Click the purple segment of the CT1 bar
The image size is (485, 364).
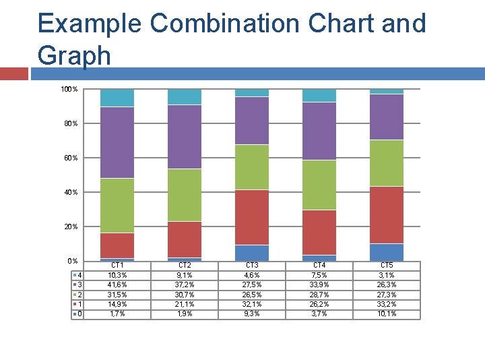117,142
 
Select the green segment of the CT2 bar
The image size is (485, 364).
185,195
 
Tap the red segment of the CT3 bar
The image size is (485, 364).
252,217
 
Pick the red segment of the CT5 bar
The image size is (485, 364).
387,214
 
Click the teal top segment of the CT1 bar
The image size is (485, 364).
117,98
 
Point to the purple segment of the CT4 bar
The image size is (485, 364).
319,131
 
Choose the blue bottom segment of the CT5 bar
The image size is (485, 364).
387,252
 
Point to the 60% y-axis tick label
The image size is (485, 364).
71,158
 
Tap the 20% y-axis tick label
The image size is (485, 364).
71,226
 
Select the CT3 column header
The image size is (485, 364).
252,266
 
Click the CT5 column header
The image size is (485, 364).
387,266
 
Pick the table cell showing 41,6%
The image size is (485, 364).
117,284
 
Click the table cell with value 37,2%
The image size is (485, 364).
185,284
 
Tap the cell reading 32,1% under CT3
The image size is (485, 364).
252,304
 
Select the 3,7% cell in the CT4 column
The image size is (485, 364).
319,313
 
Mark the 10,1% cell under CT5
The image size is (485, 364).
387,313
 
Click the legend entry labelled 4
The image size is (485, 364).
78,275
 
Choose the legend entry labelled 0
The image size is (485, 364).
78,313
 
